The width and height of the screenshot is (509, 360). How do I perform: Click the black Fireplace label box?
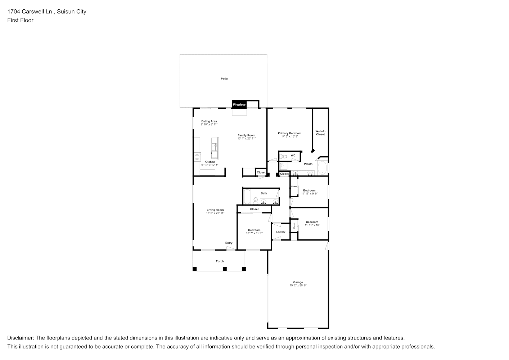tap(239, 104)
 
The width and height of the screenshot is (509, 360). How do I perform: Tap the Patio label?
tap(224, 78)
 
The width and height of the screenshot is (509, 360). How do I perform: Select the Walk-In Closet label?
tap(320, 133)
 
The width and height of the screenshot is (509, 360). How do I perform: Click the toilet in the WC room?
tap(283, 156)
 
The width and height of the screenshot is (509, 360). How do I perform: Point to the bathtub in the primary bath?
tap(322, 168)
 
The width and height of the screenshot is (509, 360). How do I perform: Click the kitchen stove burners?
tap(197, 157)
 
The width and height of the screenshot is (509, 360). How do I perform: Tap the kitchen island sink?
tap(214, 147)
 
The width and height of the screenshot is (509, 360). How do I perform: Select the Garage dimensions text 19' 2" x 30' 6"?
tap(298, 285)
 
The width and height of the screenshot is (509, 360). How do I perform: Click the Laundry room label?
tap(281, 232)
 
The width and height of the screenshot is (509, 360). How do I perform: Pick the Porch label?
tap(220, 261)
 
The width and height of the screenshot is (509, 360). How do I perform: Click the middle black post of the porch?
tap(225, 269)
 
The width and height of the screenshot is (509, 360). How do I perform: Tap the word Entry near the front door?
tap(229, 243)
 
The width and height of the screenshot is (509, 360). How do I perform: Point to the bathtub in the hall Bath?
tap(247, 197)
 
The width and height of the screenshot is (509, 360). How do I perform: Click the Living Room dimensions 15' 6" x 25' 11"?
tap(215, 213)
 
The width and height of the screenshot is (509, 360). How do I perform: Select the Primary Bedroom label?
tap(289, 133)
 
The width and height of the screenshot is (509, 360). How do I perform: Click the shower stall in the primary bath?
tap(284, 166)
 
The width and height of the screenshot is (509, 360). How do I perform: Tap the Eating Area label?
tap(209, 121)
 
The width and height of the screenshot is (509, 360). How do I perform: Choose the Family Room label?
tap(246, 135)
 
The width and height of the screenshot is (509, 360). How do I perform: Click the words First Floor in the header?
tap(20, 20)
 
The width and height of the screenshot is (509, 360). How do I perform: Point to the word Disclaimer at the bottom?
tap(21, 338)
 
